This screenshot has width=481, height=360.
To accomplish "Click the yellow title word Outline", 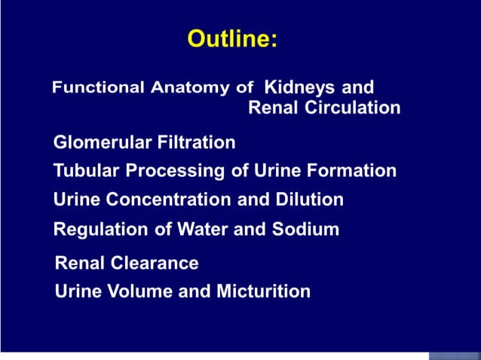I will click(x=232, y=38).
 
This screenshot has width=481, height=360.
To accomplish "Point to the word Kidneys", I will click(x=299, y=87).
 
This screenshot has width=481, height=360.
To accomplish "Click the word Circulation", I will click(x=352, y=108).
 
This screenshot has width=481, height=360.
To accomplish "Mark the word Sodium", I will click(x=309, y=229).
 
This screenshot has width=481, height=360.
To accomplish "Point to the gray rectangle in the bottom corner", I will click(x=454, y=355).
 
